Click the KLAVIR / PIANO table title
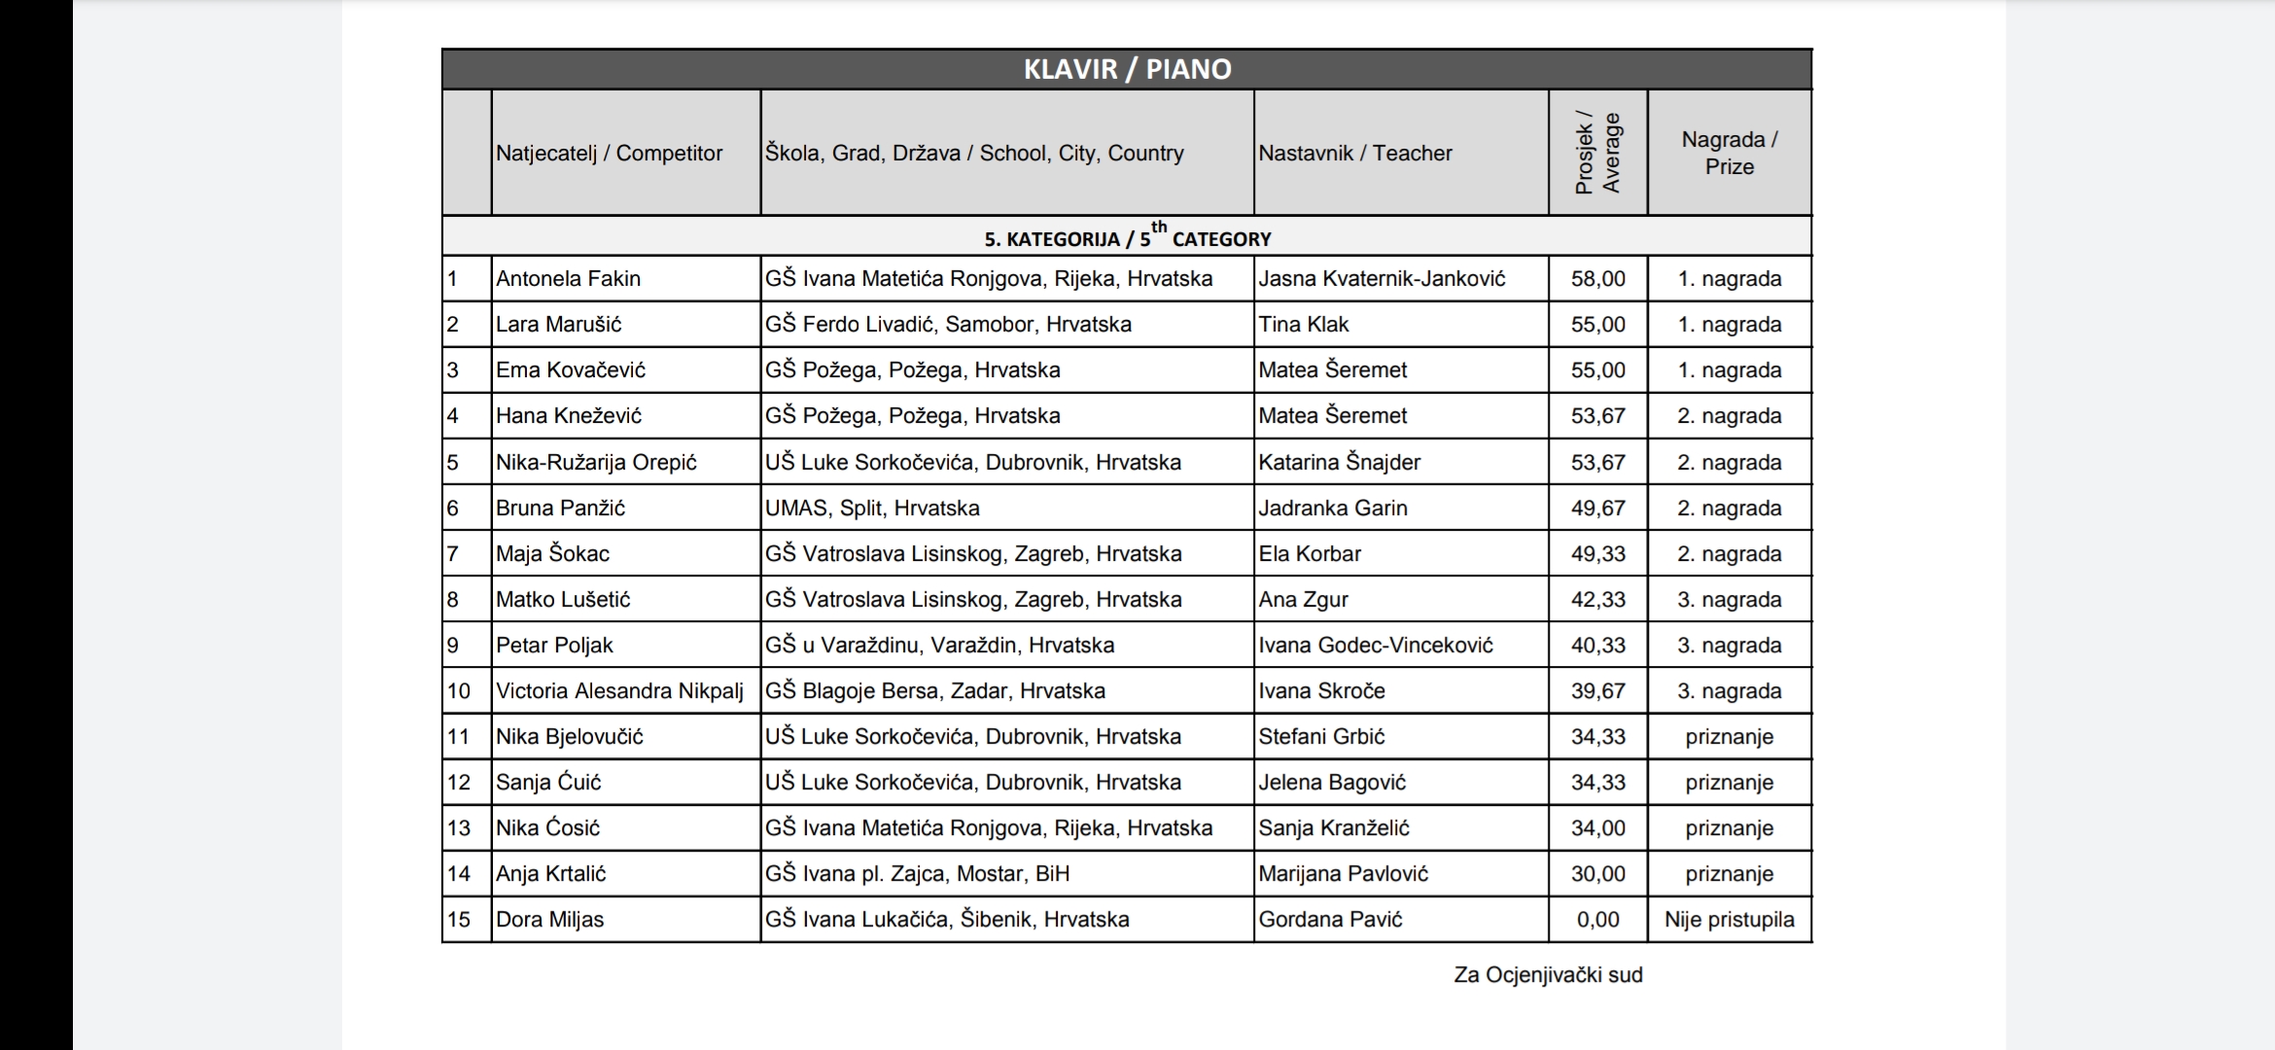[1127, 69]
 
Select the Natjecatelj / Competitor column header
[609, 153]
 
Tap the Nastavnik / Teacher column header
[1354, 153]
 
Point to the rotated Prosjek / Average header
[1597, 153]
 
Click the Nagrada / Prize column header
[1729, 153]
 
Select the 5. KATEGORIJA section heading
[1127, 237]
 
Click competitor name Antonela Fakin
[568, 279]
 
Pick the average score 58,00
[1597, 279]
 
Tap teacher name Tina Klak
[1303, 325]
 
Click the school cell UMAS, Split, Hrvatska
[871, 508]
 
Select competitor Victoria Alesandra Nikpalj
[618, 691]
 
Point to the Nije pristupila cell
[1729, 920]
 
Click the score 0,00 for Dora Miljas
[1597, 920]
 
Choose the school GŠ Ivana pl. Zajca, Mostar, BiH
[916, 874]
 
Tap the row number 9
[453, 646]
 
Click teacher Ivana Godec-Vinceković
[1375, 646]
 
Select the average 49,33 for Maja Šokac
[1597, 554]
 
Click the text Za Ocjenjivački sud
[1548, 975]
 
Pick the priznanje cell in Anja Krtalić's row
[1729, 874]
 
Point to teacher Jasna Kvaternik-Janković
[1381, 279]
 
